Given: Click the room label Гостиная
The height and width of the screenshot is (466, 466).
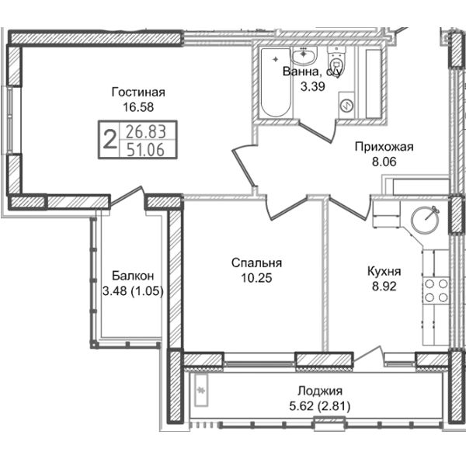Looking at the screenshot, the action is pos(138,92).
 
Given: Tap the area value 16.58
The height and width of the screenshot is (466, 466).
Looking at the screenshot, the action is pos(138,107).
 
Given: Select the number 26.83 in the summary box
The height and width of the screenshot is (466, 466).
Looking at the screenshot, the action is pos(146,132).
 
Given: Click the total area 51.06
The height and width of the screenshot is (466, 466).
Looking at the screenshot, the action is pos(145,149).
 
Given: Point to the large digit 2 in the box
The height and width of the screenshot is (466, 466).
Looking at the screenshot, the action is pos(109,140).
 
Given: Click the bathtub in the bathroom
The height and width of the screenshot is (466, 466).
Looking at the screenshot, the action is pos(275,82).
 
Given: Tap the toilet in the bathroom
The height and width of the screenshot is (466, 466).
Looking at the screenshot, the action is pos(336,58).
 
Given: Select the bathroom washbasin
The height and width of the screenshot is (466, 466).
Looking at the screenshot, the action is pos(303,55).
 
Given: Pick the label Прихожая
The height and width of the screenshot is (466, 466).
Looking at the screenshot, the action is pos(384,147).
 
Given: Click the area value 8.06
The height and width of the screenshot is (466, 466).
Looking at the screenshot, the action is pos(384,162).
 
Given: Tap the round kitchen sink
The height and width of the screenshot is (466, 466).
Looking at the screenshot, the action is pos(426,220).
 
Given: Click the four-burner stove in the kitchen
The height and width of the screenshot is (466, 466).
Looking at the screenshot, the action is pos(436,290).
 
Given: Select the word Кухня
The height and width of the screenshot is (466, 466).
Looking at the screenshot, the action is pos(384,271).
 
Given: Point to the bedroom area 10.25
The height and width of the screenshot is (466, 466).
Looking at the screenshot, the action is pos(256,278).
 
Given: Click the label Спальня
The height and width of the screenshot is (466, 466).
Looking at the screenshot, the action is pos(256,263).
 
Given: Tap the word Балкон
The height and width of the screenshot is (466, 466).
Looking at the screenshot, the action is pos(133,276).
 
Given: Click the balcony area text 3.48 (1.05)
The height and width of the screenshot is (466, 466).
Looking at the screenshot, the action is pos(133,291).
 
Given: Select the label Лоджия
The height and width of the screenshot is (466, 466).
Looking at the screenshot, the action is pos(320,391).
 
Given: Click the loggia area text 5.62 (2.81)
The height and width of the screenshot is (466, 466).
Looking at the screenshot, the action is pos(320,406).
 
